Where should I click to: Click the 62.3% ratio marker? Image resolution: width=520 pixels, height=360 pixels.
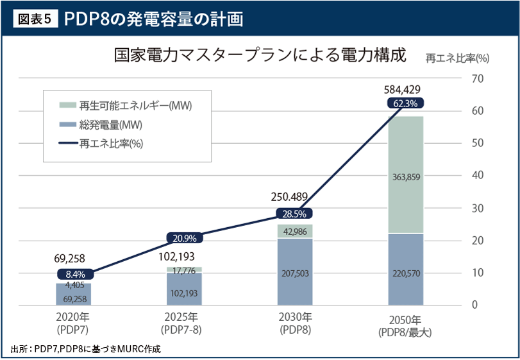point(405,103)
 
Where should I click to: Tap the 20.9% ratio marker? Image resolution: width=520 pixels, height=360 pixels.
point(184,238)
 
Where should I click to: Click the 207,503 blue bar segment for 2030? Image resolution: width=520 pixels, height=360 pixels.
point(295,273)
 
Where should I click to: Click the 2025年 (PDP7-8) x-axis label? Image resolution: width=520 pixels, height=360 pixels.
point(184,322)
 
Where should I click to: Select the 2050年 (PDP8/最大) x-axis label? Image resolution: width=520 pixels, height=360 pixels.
point(405,325)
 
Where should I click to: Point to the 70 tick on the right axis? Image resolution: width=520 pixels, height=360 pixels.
point(477,78)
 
